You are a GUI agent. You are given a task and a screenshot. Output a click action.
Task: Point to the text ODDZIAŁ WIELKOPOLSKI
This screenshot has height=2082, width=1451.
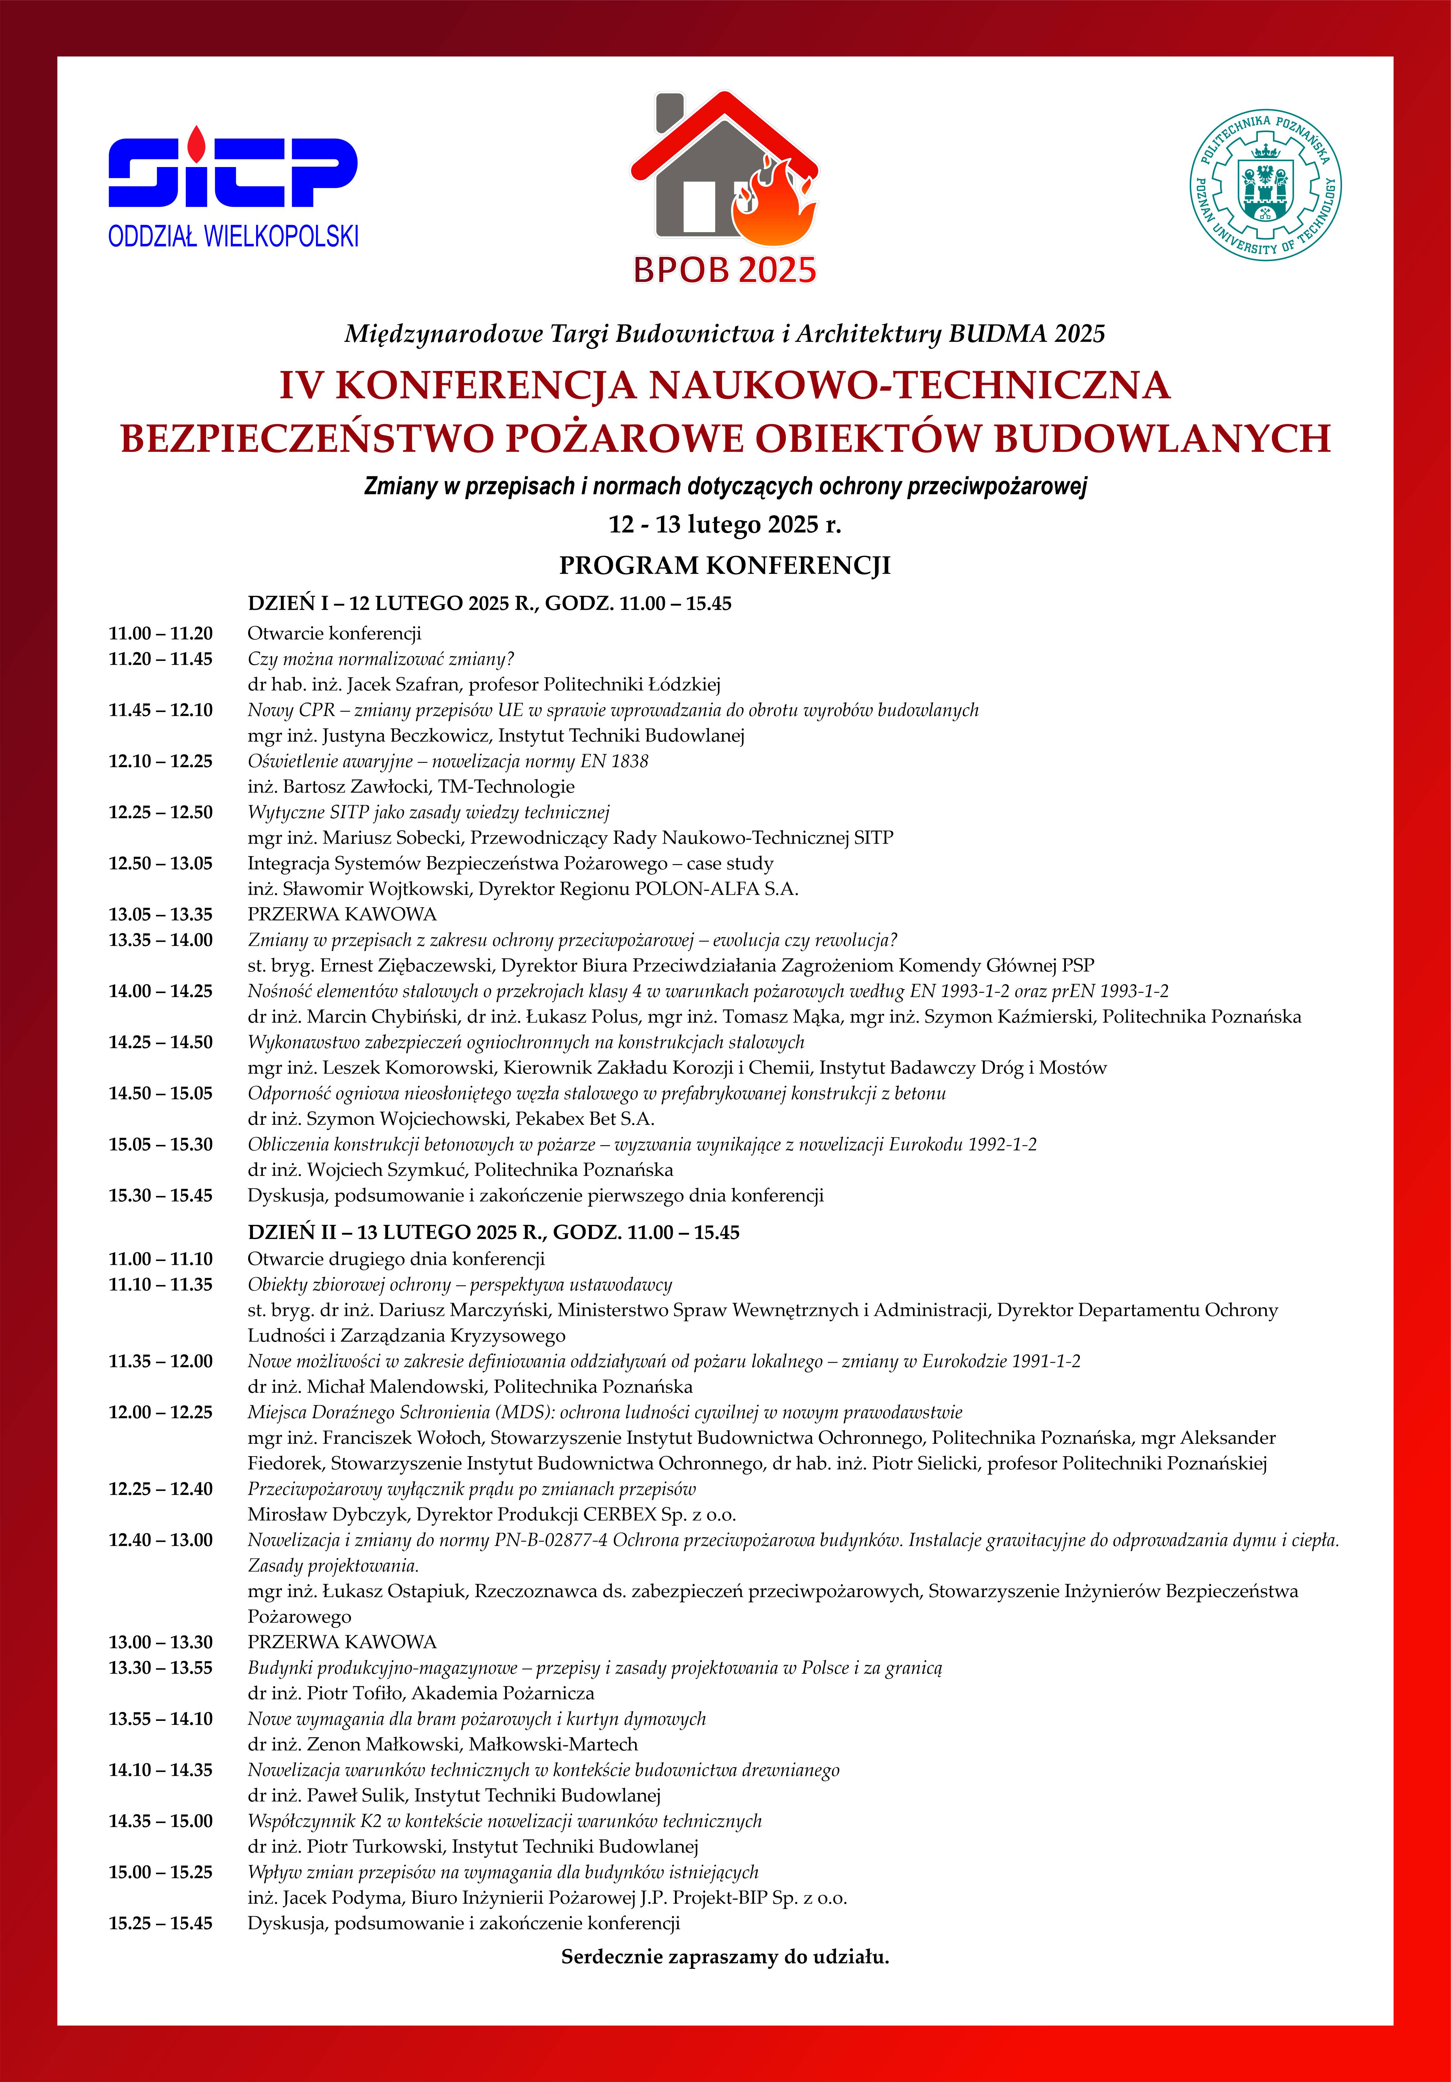coord(233,237)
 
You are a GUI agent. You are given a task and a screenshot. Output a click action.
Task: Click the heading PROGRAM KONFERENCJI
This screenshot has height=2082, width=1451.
coord(725,566)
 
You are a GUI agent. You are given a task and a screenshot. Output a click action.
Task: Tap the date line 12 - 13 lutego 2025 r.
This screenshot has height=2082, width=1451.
coord(725,524)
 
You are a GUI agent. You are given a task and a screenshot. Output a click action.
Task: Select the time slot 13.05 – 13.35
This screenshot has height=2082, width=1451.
coord(161,914)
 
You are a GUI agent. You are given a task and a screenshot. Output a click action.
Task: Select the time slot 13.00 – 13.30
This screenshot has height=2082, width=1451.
coord(161,1642)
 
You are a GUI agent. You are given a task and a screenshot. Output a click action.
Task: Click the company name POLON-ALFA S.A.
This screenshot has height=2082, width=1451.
coord(716,889)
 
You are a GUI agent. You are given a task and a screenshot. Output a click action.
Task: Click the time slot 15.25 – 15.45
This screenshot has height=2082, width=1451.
coord(161,1923)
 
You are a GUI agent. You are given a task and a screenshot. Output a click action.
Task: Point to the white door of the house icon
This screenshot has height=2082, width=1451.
coord(700,207)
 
